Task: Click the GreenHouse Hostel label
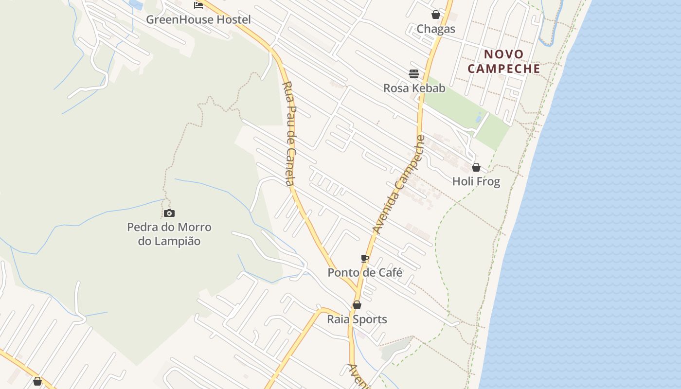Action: coord(198,20)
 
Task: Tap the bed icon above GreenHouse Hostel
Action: coord(198,5)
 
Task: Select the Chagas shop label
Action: coord(436,29)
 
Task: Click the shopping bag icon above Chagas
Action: coord(436,15)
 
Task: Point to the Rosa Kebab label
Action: coord(414,88)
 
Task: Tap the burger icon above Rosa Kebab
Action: coord(414,74)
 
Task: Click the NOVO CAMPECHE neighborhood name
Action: coord(504,62)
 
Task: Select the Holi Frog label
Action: coord(476,182)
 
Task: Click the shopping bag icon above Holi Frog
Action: coord(476,167)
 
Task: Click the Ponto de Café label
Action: coord(365,273)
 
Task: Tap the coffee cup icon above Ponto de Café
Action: coord(365,258)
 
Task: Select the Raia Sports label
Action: coord(357,319)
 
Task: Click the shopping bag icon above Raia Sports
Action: coord(357,305)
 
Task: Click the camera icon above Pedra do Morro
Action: coord(169,213)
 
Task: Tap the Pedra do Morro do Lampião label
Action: coord(169,234)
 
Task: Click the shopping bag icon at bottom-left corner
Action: coord(37,381)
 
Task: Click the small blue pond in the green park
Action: coord(480,118)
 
